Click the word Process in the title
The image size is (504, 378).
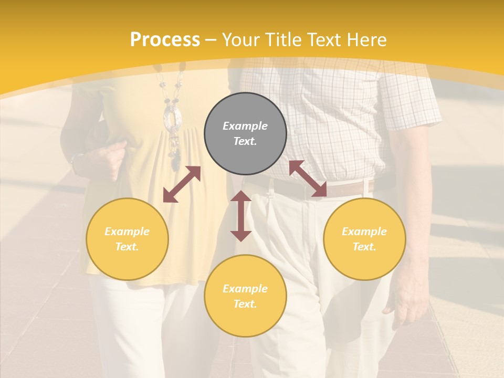click(165, 40)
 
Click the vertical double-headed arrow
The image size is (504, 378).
click(241, 216)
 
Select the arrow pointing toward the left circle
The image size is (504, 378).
click(182, 184)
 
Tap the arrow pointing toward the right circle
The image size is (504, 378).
click(308, 178)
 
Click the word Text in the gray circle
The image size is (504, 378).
click(245, 141)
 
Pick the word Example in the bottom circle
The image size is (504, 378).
click(245, 288)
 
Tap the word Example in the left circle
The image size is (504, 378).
click(127, 231)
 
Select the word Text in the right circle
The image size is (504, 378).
click(364, 246)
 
